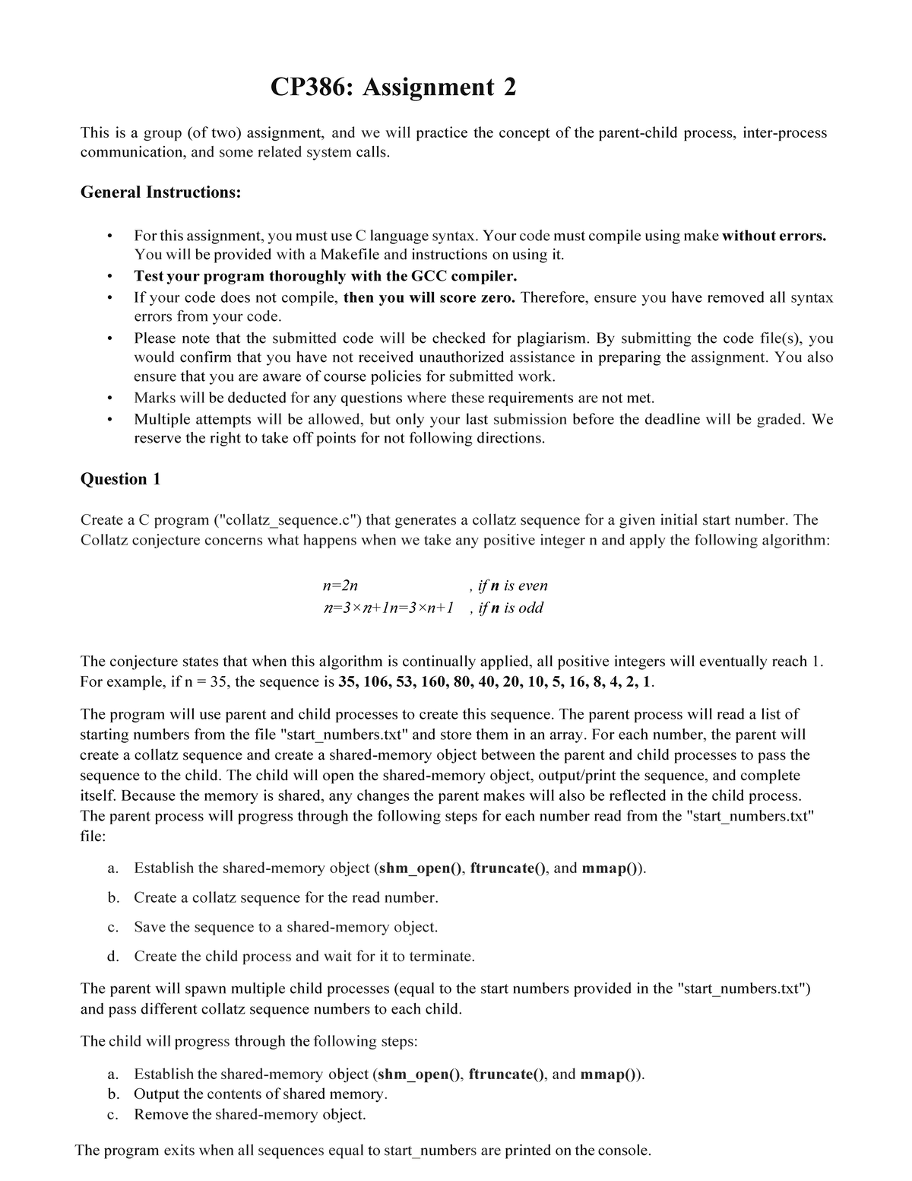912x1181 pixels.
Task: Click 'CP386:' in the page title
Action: tap(312, 88)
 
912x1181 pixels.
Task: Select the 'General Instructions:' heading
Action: tap(160, 192)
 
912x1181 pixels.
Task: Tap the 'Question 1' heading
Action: tap(120, 479)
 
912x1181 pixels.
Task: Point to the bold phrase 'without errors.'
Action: tap(774, 236)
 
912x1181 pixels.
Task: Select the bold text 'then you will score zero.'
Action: tap(429, 297)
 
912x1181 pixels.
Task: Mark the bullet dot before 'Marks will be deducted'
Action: tap(112, 398)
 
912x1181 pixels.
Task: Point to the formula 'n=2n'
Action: tap(340, 586)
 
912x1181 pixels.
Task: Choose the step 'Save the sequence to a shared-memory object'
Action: tap(286, 927)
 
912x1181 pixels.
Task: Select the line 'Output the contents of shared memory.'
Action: tap(261, 1094)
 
